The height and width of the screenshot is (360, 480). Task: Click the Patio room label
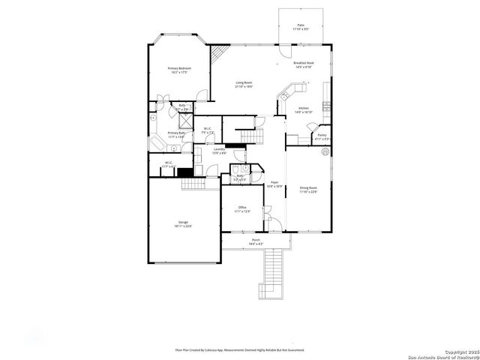(301, 27)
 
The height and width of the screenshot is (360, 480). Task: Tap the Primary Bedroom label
(179, 70)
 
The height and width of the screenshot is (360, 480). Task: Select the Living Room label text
(244, 85)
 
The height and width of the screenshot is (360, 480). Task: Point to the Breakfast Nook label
(304, 65)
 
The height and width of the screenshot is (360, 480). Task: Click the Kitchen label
(304, 110)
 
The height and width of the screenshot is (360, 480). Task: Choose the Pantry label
(322, 137)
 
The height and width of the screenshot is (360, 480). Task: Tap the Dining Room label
(309, 190)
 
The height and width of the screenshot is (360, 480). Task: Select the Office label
(242, 209)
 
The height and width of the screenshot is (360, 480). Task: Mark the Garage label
(183, 224)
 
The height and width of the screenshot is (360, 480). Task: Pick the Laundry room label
(219, 151)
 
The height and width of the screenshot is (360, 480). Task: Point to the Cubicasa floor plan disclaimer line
(239, 349)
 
